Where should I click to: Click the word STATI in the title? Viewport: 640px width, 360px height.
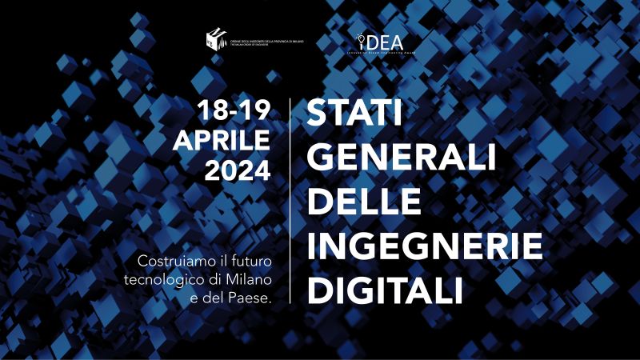pyautogui.click(x=355, y=114)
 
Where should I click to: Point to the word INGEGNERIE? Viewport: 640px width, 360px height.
pyautogui.click(x=425, y=244)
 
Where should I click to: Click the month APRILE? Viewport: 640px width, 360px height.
pyautogui.click(x=222, y=142)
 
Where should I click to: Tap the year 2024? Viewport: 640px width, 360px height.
pyautogui.click(x=238, y=170)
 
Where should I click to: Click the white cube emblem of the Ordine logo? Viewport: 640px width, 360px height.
pyautogui.click(x=215, y=38)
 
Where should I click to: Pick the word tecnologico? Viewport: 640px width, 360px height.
pyautogui.click(x=161, y=279)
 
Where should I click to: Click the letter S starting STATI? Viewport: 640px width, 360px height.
pyautogui.click(x=316, y=114)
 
